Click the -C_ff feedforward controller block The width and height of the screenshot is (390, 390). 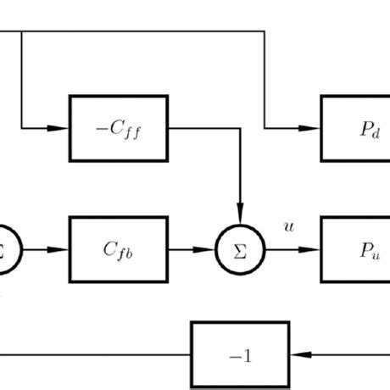120,130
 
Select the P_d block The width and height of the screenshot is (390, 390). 355,130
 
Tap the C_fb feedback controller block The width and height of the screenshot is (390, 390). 120,249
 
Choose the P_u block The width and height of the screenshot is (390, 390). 355,249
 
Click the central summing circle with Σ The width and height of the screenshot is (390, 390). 241,249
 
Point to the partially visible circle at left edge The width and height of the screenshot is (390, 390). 7,249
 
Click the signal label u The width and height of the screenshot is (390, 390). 288,226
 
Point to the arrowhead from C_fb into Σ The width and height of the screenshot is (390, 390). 210,249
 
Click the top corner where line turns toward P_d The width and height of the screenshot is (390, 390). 265,32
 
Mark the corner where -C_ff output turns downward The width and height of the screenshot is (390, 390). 241,130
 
